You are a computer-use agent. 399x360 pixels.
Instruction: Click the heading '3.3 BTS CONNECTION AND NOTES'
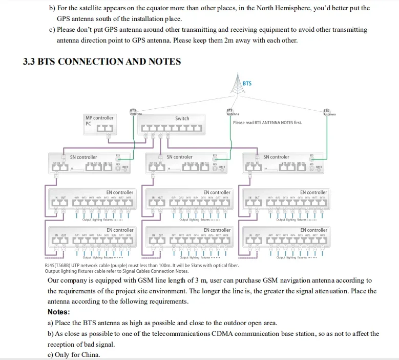tap(102, 62)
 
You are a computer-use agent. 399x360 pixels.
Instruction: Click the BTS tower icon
tap(236, 84)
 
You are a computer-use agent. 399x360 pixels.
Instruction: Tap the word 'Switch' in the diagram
tap(182, 118)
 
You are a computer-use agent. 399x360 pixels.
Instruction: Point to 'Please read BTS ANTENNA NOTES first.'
tap(267, 123)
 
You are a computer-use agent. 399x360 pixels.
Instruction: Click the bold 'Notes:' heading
tap(58, 312)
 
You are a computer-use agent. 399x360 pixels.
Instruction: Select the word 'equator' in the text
tap(143, 8)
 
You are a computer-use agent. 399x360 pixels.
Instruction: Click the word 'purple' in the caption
tap(116, 265)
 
